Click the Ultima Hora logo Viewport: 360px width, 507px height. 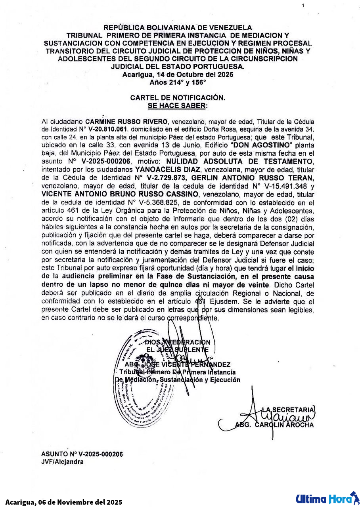pyautogui.click(x=326, y=498)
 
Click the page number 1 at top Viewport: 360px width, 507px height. pyautogui.click(x=303, y=6)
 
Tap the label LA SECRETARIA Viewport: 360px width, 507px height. pyautogui.click(x=289, y=409)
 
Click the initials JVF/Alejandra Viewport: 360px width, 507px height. pyautogui.click(x=62, y=462)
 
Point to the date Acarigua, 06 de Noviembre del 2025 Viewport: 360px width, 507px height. pyautogui.click(x=64, y=502)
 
